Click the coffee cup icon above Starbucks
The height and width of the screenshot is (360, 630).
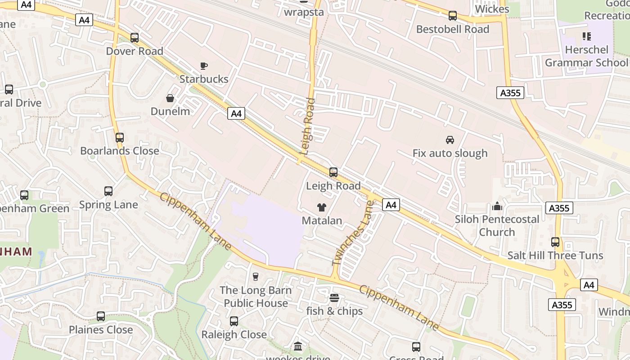coord(204,66)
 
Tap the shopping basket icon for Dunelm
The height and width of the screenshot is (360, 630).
coord(171,98)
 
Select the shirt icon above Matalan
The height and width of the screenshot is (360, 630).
coord(322,207)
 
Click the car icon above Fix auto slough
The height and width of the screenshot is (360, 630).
coord(450,140)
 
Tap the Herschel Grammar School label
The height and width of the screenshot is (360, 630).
coord(586,56)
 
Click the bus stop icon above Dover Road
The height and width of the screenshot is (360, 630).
coord(135,38)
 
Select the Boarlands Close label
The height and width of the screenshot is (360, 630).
coord(120,151)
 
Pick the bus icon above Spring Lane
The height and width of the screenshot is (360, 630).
coord(108,191)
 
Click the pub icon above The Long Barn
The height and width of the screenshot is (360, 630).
coord(256,276)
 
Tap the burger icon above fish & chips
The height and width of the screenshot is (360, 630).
coord(334,298)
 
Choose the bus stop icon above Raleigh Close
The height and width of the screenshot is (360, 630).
coord(234,321)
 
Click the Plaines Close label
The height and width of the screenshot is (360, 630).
coord(101,330)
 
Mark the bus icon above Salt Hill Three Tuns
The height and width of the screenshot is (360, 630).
coord(555,242)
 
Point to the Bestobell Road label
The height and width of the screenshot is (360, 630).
coord(453,29)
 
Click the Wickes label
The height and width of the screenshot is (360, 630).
coord(492,9)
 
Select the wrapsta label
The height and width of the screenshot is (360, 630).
coord(304,12)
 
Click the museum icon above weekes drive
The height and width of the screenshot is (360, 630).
coord(297,346)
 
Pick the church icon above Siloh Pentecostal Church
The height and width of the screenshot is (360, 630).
coord(497,206)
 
